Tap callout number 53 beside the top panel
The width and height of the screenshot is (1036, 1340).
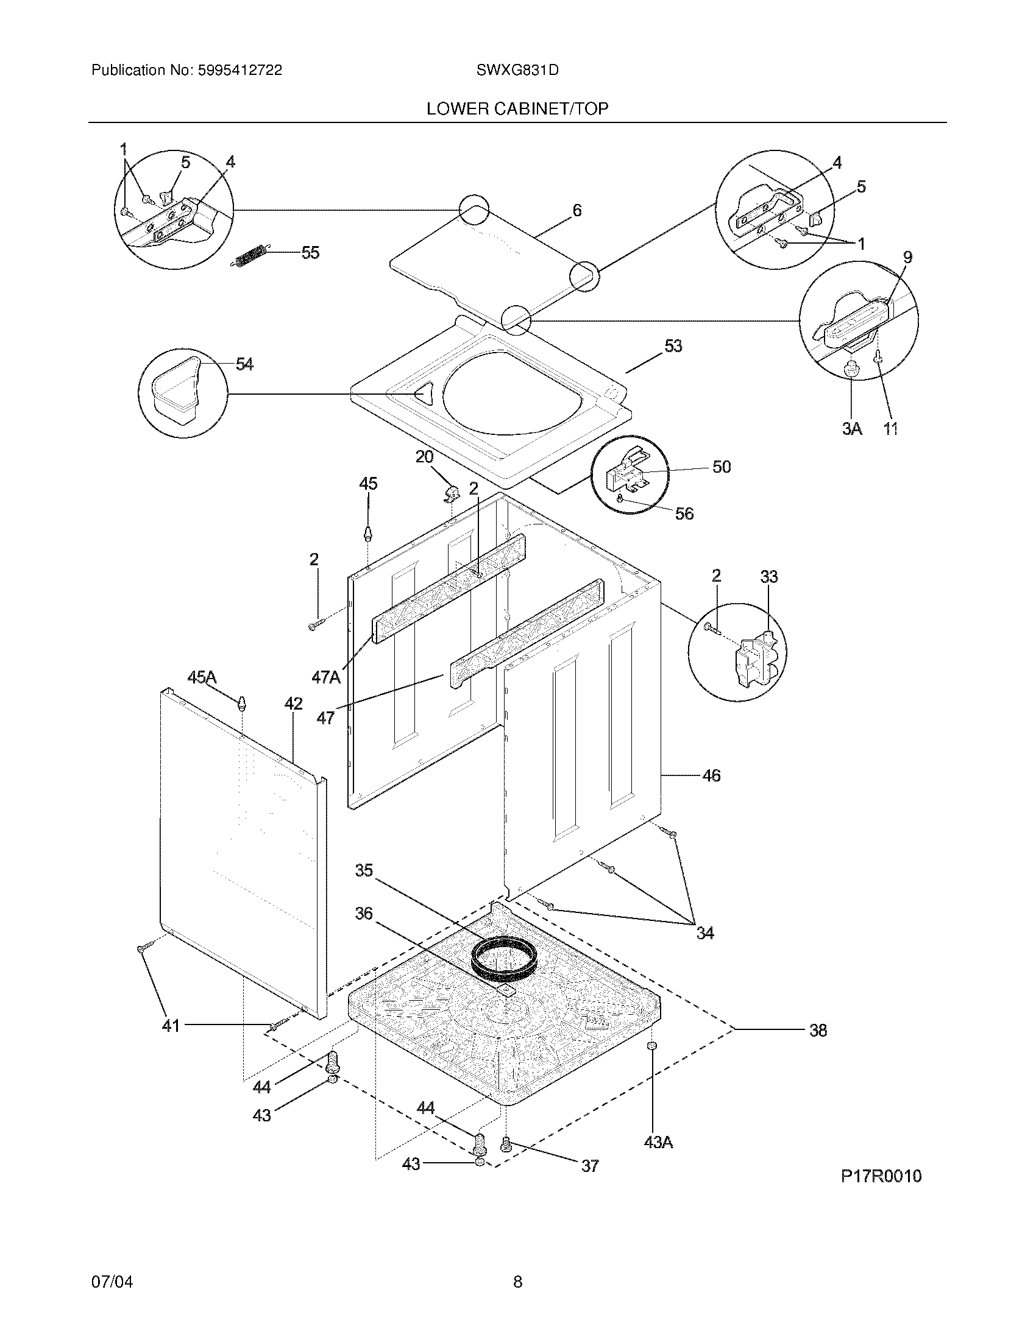673,347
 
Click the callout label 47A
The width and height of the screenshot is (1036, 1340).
326,677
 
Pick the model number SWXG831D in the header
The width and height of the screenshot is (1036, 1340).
517,71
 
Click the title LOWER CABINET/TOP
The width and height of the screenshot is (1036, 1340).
517,109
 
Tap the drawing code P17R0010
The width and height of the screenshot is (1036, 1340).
881,1176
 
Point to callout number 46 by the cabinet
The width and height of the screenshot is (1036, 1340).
711,776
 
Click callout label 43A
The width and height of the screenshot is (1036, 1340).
658,1143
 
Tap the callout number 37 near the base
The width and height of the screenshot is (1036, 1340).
590,1166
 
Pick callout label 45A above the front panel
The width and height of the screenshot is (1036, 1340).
202,677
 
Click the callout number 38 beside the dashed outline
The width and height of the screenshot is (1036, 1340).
817,1031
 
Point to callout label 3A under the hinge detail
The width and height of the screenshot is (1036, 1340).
851,429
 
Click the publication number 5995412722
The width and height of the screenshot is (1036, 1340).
239,71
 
